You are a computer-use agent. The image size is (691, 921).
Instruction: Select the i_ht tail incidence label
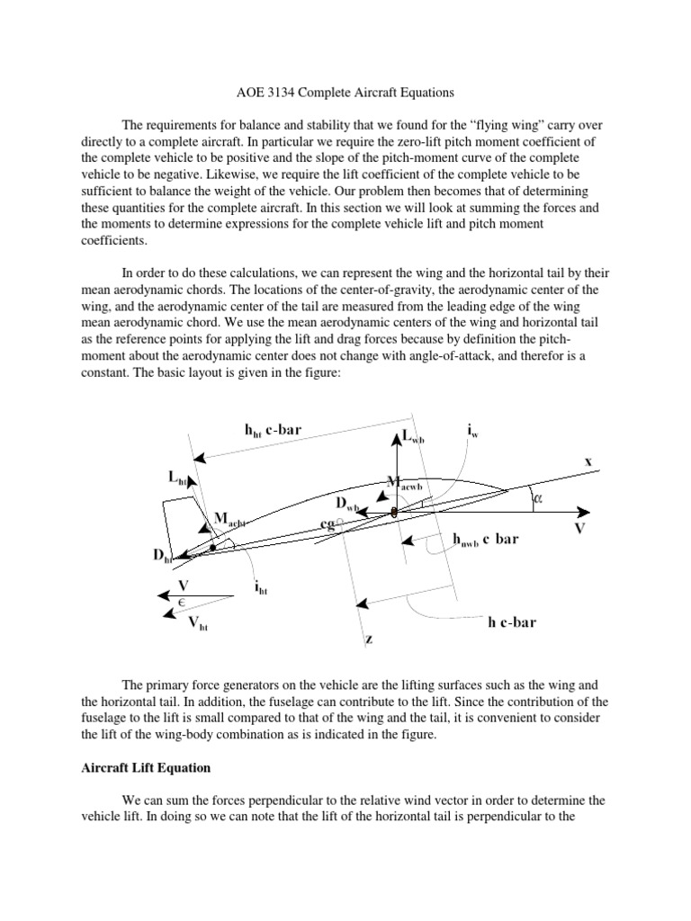(x=261, y=589)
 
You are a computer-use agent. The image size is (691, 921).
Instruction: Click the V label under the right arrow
(x=579, y=529)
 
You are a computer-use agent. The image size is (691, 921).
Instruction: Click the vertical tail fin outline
(x=173, y=522)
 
